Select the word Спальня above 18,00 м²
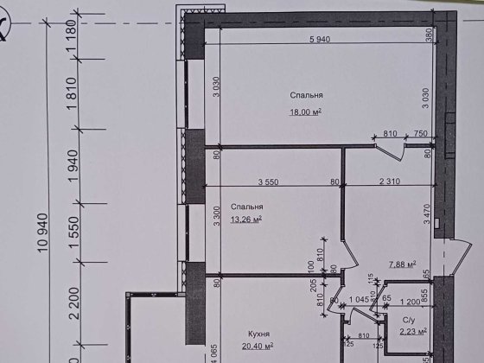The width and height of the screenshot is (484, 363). click(x=307, y=96)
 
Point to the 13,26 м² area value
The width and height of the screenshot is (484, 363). click(x=246, y=219)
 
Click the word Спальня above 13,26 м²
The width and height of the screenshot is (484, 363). click(x=247, y=207)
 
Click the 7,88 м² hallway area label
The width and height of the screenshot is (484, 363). click(x=402, y=264)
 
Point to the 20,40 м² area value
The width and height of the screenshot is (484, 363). click(x=258, y=346)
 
